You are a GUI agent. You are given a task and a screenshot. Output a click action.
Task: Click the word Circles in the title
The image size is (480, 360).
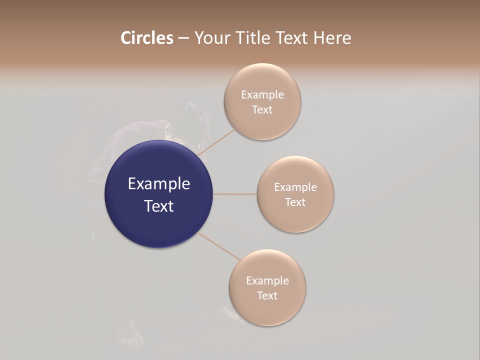point(146,38)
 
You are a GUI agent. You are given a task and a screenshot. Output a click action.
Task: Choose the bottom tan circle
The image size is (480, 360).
point(267,310)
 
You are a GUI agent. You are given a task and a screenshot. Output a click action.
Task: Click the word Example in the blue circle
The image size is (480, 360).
point(158,184)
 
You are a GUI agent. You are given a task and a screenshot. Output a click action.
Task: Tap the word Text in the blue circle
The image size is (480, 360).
point(158,206)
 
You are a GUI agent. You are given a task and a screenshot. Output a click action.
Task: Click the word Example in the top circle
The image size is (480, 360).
point(262,94)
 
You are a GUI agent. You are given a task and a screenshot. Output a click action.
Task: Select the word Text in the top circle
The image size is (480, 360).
point(262,109)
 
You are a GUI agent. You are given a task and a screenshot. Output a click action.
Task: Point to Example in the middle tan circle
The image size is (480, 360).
point(295,187)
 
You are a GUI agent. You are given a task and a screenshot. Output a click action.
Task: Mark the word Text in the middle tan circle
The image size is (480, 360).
point(295,202)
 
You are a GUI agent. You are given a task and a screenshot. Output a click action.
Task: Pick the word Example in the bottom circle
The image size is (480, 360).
point(267,280)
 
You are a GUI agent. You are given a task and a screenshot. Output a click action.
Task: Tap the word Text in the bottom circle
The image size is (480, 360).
point(267,295)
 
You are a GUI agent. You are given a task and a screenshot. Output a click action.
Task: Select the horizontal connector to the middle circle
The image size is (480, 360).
point(235,194)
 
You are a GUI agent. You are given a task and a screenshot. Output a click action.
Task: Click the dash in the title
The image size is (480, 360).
point(183,38)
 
